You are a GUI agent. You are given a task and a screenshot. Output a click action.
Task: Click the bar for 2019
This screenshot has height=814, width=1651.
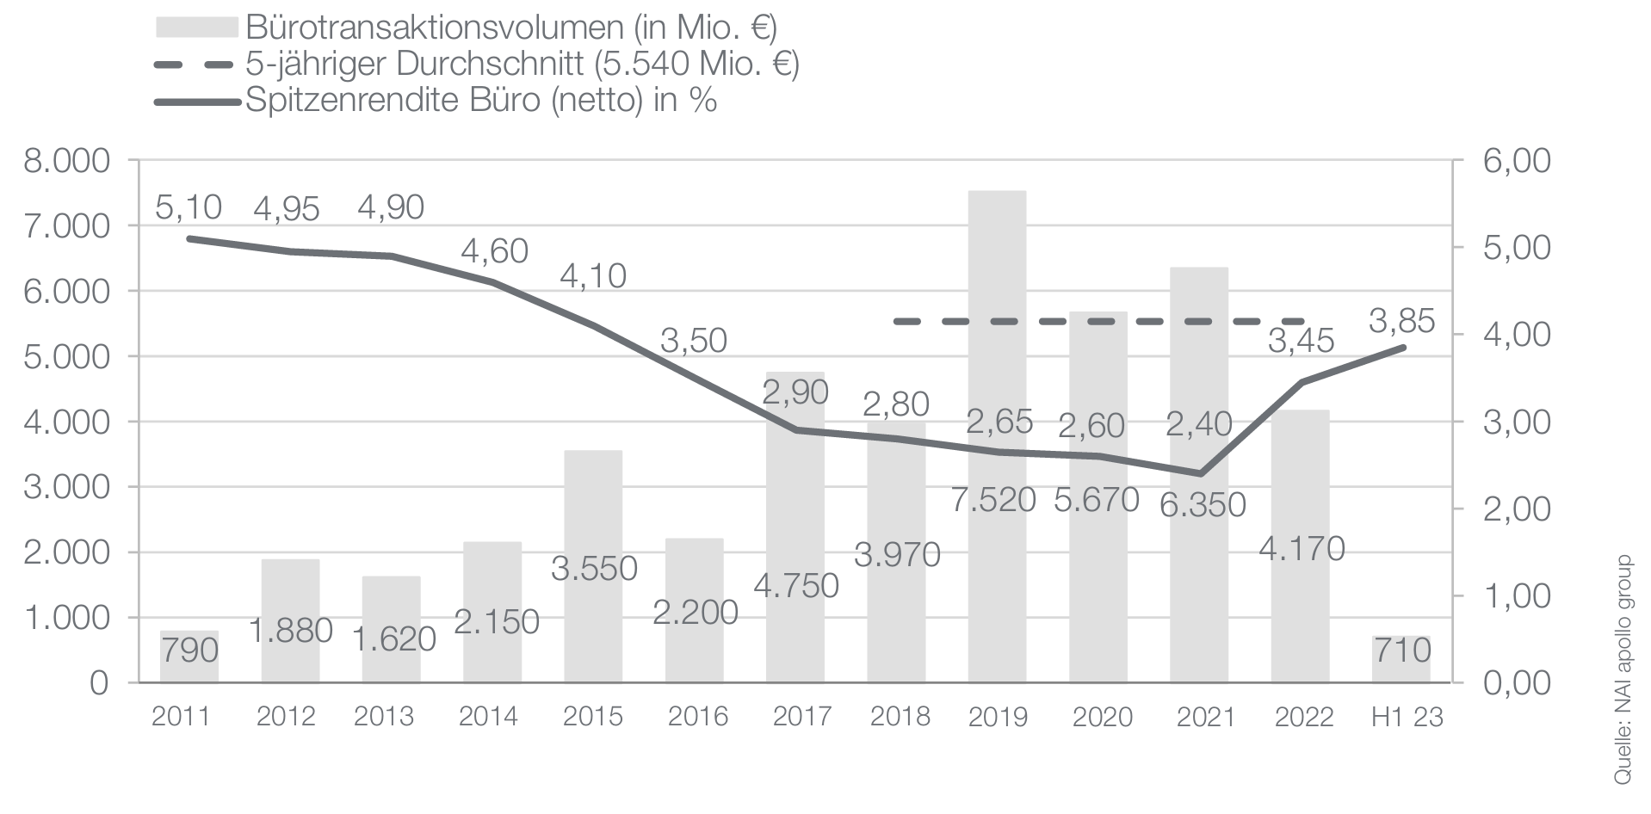click(x=997, y=344)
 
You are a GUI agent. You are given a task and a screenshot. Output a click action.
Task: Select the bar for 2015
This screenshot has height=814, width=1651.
click(x=593, y=516)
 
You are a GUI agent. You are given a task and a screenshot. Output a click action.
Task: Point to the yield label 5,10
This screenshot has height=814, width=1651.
click(x=189, y=207)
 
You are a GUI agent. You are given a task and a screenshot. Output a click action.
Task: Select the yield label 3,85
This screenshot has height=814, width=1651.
click(x=1401, y=321)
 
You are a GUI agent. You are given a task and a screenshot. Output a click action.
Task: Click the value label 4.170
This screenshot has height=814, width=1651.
click(x=1301, y=548)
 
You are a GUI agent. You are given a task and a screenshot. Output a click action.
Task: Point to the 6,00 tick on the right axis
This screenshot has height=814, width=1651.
click(x=1517, y=161)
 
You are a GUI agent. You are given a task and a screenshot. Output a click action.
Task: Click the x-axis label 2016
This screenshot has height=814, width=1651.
click(x=698, y=716)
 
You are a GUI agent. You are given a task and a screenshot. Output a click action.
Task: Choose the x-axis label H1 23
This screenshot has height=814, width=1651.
click(x=1407, y=716)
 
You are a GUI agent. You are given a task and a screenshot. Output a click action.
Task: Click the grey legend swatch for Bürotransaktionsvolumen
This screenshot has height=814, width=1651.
click(x=196, y=28)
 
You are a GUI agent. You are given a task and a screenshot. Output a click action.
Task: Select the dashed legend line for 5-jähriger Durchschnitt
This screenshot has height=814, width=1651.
click(x=196, y=65)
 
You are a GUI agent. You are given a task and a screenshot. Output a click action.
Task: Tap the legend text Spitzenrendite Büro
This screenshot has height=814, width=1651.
click(x=480, y=101)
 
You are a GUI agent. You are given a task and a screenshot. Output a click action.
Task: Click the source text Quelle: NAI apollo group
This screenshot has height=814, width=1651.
click(x=1622, y=669)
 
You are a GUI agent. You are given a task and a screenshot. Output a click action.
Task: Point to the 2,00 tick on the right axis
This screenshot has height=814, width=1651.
click(x=1517, y=509)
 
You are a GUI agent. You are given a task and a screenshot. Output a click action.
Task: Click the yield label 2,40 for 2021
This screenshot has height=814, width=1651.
click(x=1199, y=423)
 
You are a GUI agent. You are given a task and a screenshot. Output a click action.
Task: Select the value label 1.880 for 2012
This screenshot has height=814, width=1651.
click(x=290, y=631)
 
